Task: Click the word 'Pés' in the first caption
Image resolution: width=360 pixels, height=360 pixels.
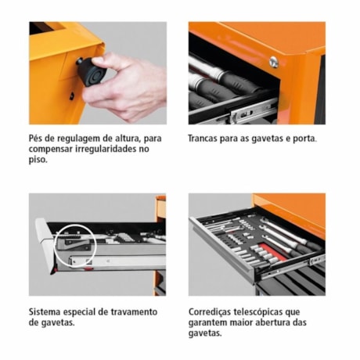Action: click(x=38, y=139)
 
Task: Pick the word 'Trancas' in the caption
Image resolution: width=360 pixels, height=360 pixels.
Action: click(x=205, y=139)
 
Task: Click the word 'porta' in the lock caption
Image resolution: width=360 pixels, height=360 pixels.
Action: click(x=303, y=139)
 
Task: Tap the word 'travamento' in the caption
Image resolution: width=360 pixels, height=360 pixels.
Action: click(x=132, y=311)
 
